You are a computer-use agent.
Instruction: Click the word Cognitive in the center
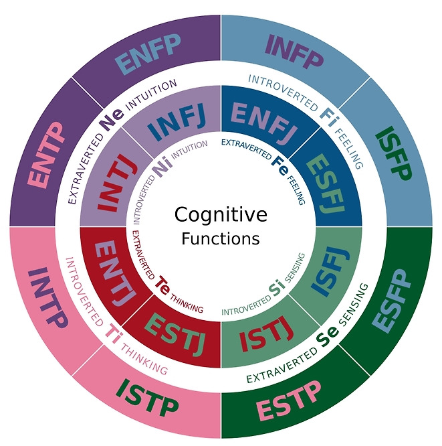[x=221, y=214]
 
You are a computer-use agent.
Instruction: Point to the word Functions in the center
[x=221, y=238]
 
